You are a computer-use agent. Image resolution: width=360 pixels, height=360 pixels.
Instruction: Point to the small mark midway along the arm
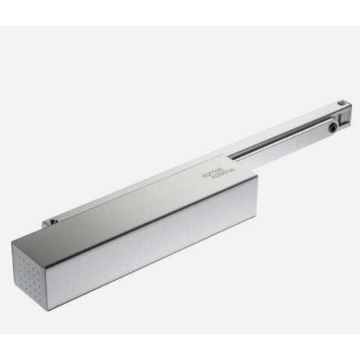click(298, 143)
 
